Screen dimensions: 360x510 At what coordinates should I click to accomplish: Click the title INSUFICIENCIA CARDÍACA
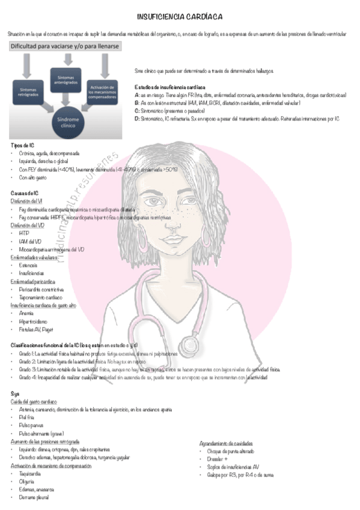pyautogui.click(x=180, y=17)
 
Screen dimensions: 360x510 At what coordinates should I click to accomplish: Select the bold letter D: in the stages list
pyautogui.click(x=138, y=118)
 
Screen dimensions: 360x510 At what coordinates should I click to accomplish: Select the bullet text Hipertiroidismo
pyautogui.click(x=35, y=321)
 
